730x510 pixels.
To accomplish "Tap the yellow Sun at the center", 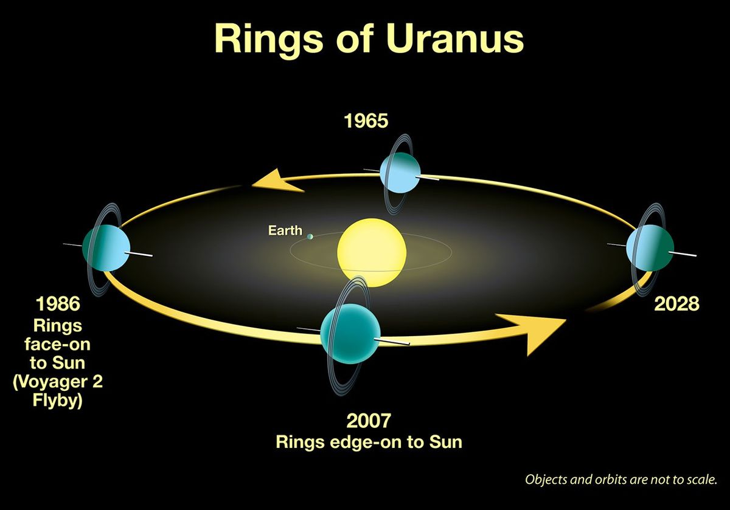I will click(371, 250).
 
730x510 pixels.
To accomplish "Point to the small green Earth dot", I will click(310, 236).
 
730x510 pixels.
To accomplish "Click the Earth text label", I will click(285, 231).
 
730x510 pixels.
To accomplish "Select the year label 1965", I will click(366, 121).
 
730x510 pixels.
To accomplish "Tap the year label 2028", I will click(676, 304).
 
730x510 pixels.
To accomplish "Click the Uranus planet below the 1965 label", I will click(400, 173).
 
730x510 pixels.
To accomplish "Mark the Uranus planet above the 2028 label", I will click(650, 249).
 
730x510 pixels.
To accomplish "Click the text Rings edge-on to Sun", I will click(369, 442).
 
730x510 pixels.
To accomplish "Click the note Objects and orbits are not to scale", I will click(621, 479).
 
